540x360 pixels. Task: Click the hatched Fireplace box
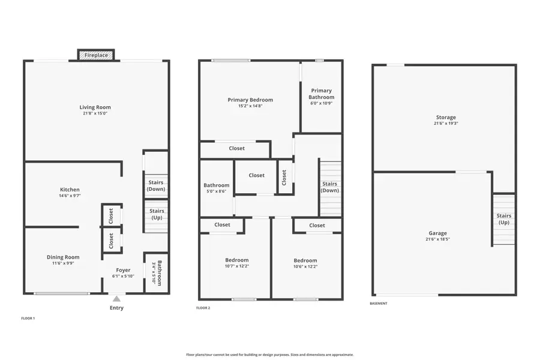[96, 55]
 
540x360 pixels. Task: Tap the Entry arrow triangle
[117, 299]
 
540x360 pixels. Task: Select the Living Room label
[95, 107]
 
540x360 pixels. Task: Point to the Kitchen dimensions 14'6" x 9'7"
[70, 196]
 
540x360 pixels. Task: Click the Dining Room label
[63, 257]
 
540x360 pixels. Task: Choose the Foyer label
[123, 270]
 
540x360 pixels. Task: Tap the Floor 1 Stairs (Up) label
[157, 214]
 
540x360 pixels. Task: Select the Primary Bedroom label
[250, 100]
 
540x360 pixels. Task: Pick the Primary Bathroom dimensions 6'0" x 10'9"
[322, 103]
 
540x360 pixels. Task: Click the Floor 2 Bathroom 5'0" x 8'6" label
[216, 188]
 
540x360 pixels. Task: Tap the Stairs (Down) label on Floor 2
[329, 187]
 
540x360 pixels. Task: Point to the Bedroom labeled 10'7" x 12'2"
[237, 263]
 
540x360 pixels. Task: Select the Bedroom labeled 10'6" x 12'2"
[305, 263]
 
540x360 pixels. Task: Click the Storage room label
[446, 117]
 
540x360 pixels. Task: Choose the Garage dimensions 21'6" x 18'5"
[438, 239]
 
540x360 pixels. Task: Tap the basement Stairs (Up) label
[504, 219]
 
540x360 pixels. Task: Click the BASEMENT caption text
[379, 304]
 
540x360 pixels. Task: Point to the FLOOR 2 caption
[203, 308]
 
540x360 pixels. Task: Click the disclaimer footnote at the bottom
[269, 355]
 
